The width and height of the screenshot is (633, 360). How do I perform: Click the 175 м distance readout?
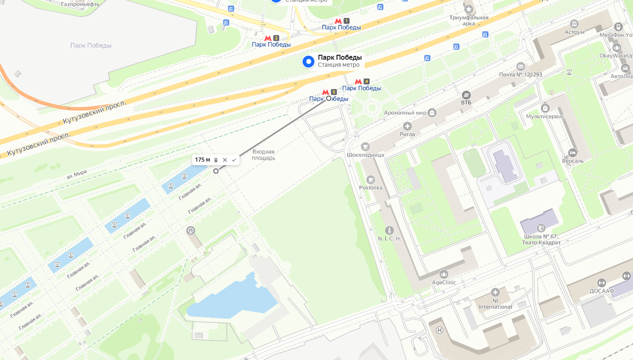pos(203,160)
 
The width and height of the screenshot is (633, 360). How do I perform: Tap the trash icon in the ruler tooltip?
pos(216,160)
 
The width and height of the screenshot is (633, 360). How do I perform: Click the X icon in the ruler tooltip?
pos(225,160)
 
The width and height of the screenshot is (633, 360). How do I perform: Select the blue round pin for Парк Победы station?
pos(309,62)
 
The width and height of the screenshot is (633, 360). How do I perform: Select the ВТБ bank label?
pos(466,102)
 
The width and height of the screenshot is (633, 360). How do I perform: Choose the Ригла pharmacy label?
pos(407,134)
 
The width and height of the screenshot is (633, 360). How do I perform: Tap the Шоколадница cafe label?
pos(365,154)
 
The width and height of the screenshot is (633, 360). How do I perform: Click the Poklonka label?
pos(371,187)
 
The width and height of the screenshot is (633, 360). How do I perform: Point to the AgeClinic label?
pos(443,282)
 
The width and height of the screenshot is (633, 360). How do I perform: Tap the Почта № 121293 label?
pos(520,74)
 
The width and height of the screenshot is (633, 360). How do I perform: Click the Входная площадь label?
pos(263,154)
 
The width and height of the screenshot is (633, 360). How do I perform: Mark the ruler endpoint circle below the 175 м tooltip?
pos(216,171)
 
